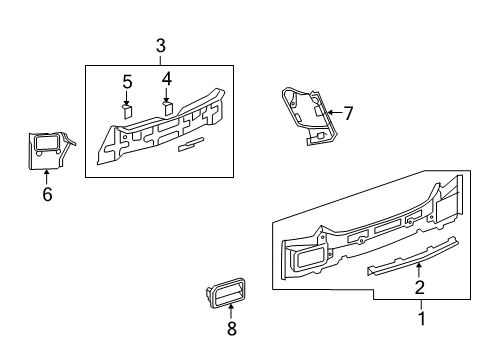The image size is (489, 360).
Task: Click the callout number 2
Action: pyautogui.click(x=420, y=288)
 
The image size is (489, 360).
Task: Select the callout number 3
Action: pyautogui.click(x=160, y=46)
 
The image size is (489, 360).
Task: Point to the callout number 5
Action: pyautogui.click(x=127, y=81)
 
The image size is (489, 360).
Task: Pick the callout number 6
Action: pyautogui.click(x=46, y=196)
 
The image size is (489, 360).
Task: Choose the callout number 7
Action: pyautogui.click(x=348, y=113)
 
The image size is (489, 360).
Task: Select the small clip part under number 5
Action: pyautogui.click(x=127, y=111)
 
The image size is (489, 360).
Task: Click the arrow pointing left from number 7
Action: pyautogui.click(x=333, y=113)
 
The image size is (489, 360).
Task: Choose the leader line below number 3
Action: pyautogui.click(x=160, y=60)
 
